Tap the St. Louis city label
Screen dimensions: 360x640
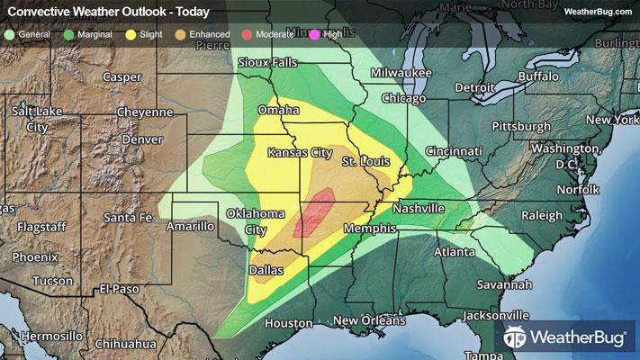tap(365, 161)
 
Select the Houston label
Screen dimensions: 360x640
tap(288, 323)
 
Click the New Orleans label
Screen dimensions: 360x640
tap(365, 321)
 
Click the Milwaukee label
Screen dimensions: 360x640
tap(401, 72)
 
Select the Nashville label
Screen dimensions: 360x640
tap(419, 209)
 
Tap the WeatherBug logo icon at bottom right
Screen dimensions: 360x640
tap(517, 339)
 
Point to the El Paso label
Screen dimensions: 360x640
tap(120, 289)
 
